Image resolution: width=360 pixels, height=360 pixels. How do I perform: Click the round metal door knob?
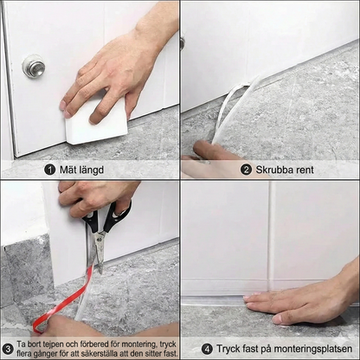tap(34, 67)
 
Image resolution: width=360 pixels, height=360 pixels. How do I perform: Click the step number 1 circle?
tap(50, 170)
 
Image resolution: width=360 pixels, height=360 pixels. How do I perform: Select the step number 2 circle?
tap(245, 170)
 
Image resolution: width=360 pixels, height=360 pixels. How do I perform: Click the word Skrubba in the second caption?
tap(274, 170)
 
